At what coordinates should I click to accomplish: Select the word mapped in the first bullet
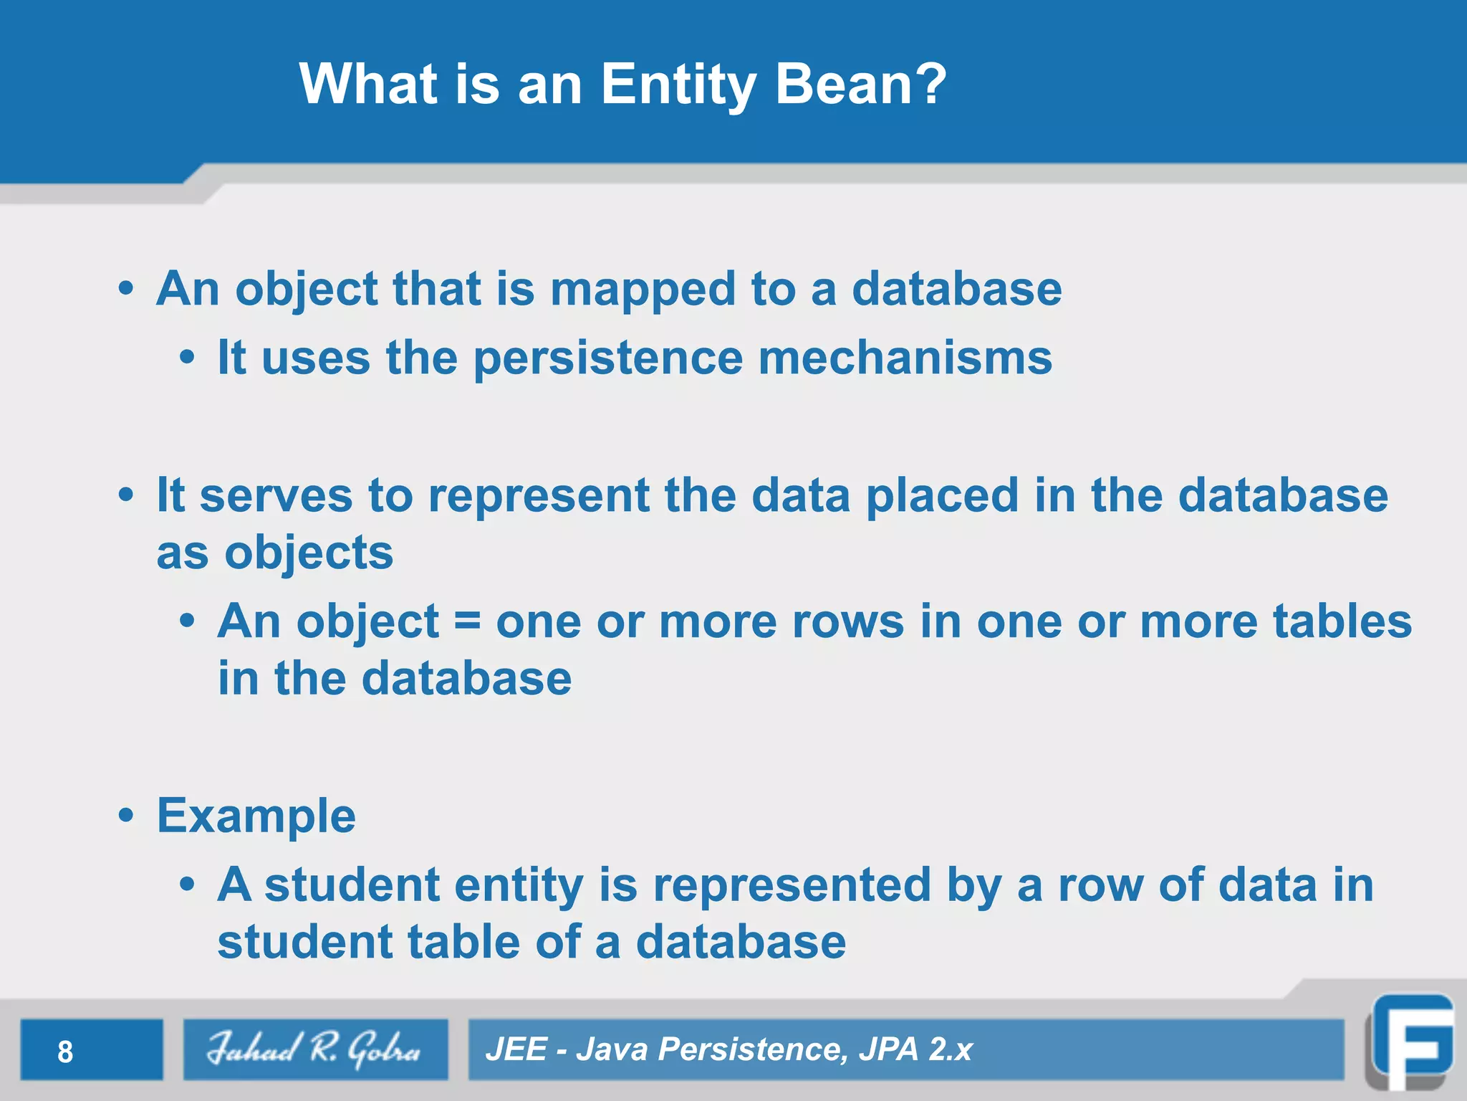tap(643, 290)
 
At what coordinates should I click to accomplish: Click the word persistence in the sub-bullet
tap(608, 358)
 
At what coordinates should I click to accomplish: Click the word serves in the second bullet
tap(276, 496)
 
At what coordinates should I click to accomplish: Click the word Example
tap(256, 816)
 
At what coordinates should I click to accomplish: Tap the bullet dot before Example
tap(127, 816)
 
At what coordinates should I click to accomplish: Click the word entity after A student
tap(519, 886)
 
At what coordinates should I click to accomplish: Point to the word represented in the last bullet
tap(792, 886)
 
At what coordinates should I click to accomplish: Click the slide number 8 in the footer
tap(65, 1052)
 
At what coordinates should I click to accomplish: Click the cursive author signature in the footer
tap(314, 1049)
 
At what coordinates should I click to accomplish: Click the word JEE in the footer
tap(516, 1049)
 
